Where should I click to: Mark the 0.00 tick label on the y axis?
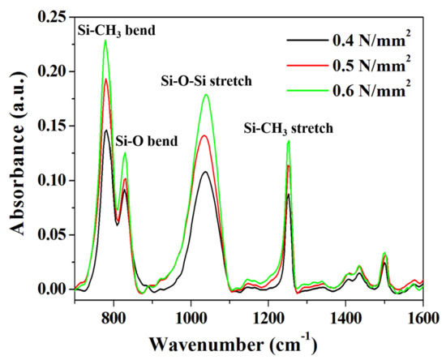[x=53, y=289]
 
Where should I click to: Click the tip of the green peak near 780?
[x=105, y=41]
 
